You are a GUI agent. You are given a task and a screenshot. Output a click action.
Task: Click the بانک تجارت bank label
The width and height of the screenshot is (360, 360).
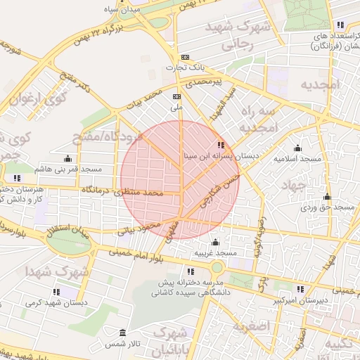184,67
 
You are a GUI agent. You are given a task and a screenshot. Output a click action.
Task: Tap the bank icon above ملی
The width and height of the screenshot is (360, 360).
176,96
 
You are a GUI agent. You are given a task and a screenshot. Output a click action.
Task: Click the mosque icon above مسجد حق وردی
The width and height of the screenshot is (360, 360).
326,196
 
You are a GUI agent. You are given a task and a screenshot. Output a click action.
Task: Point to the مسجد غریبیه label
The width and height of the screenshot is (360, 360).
215,252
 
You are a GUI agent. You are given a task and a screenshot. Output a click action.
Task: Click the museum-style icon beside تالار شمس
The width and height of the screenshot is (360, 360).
123,332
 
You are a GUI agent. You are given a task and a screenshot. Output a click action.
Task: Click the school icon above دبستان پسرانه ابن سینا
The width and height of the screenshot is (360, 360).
221,146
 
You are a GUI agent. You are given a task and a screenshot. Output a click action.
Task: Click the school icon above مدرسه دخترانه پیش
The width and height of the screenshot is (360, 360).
190,271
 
